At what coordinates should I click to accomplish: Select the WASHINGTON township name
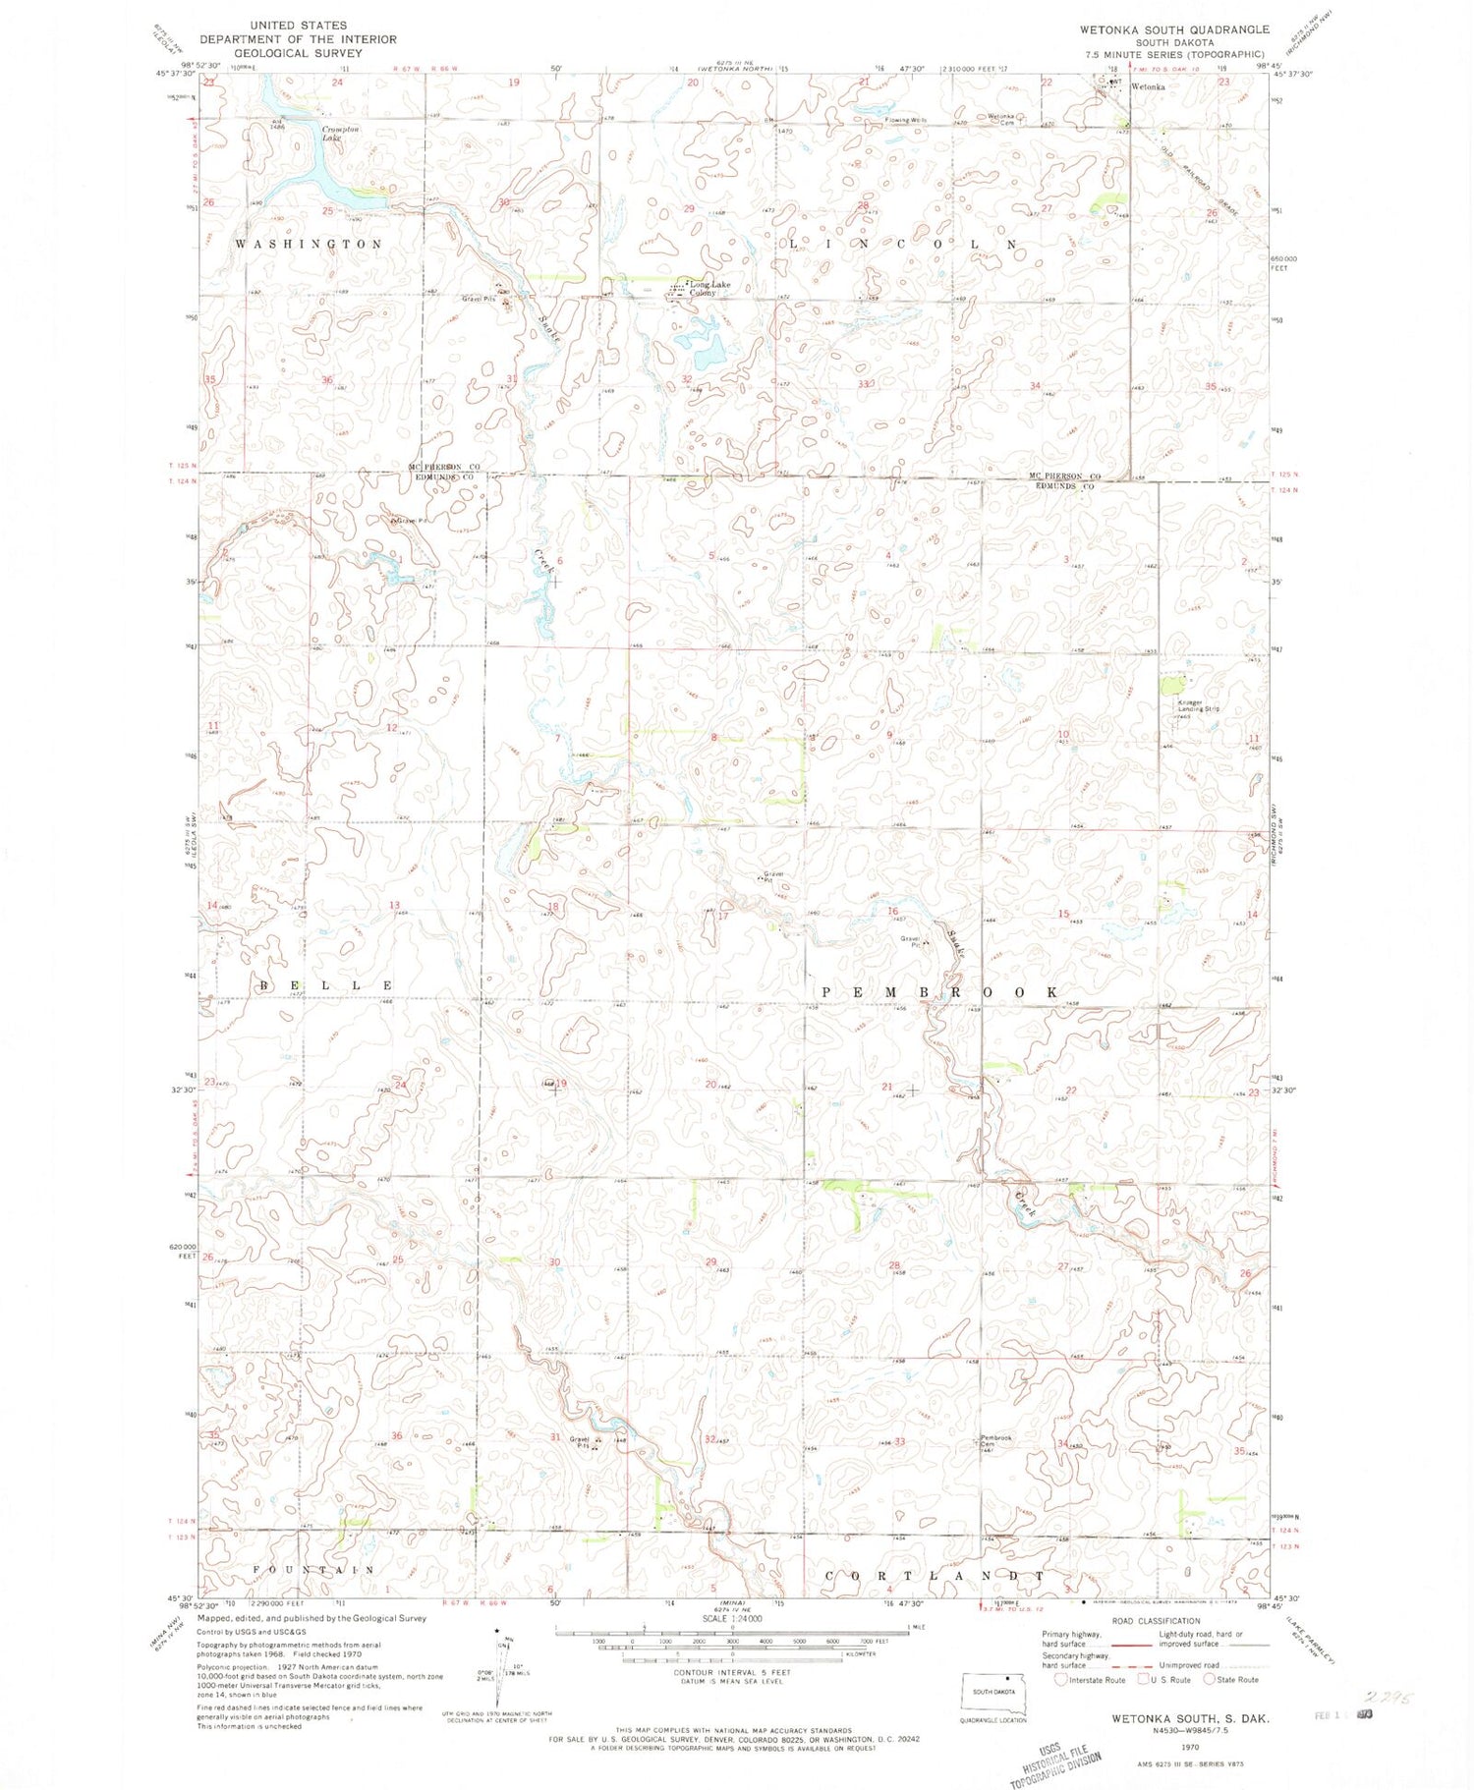[x=309, y=244]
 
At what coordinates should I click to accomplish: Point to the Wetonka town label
[x=1147, y=87]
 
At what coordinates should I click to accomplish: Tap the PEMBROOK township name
[x=940, y=992]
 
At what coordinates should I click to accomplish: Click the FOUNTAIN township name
[x=313, y=1570]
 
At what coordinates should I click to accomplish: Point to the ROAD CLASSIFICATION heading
[x=1156, y=1621]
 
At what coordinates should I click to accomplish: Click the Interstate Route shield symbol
[x=1060, y=1679]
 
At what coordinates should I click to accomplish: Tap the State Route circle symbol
[x=1209, y=1679]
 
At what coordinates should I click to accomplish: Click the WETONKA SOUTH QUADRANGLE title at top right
[x=1173, y=29]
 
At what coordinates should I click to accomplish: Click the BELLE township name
[x=327, y=984]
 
